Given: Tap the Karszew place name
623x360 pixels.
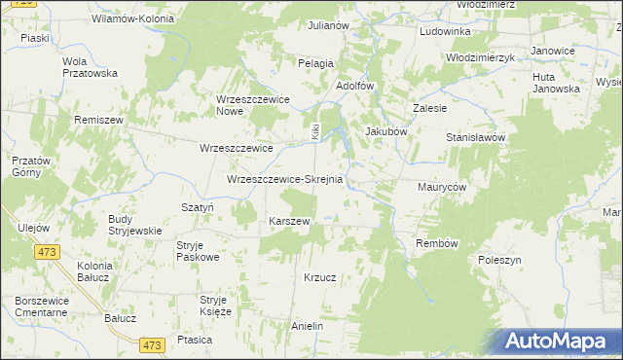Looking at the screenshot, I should [x=289, y=221].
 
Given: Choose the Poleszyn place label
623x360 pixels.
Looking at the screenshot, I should [x=500, y=261].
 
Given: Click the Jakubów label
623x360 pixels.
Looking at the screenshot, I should [x=385, y=130].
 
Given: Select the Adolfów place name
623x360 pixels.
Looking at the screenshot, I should [x=354, y=86].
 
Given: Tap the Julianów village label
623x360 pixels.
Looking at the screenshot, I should [x=328, y=25].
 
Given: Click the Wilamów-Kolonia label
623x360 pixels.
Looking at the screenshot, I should [x=132, y=18].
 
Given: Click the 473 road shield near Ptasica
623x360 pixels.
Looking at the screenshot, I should [x=151, y=345].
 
